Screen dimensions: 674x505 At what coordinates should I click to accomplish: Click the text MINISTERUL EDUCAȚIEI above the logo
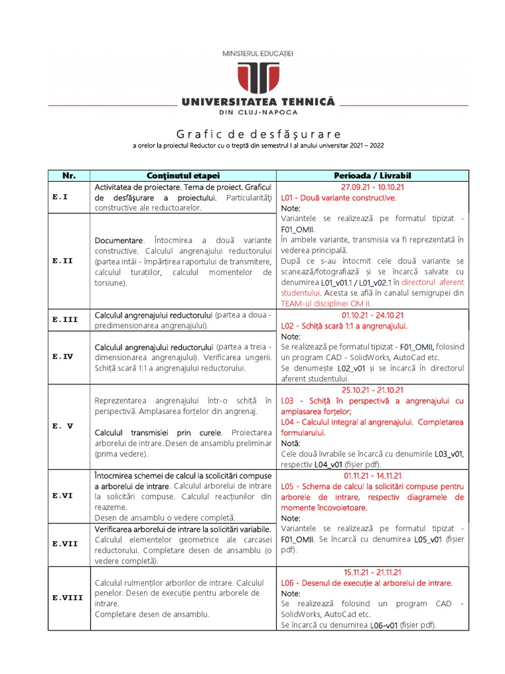point(258,52)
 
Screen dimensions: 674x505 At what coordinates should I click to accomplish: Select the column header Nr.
point(69,176)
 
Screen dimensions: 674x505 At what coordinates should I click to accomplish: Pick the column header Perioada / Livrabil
point(372,176)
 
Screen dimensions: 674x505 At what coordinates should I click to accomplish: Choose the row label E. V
point(65,426)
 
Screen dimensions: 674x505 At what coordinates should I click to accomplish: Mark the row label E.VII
point(65,544)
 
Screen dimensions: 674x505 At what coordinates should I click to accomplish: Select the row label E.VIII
point(68,598)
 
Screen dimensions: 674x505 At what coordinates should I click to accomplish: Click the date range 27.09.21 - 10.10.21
point(372,187)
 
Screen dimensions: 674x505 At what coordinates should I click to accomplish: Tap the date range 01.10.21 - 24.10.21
point(372,315)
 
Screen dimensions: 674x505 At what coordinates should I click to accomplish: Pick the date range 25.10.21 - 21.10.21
point(372,390)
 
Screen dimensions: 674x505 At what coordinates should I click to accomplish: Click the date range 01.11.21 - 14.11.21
point(372,475)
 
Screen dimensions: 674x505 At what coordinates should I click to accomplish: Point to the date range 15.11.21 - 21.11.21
point(372,572)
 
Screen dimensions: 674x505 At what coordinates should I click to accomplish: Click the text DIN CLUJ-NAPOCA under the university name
point(258,113)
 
